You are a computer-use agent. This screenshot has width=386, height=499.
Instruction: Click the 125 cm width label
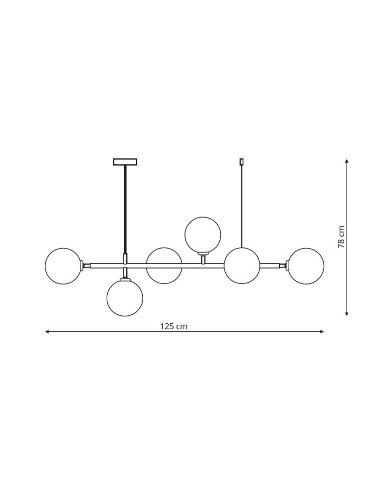tap(174, 326)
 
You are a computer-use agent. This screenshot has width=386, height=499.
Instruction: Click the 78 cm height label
tap(341, 238)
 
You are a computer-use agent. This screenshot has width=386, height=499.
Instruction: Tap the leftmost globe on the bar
tap(63, 266)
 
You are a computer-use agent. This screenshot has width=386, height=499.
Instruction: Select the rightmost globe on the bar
tap(306, 266)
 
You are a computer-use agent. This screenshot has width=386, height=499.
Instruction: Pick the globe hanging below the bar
tap(125, 298)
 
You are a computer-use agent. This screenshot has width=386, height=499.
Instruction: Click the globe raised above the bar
tap(202, 235)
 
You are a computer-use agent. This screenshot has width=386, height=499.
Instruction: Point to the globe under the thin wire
tap(242, 266)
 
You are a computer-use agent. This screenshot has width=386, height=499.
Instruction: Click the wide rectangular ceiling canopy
tap(125, 162)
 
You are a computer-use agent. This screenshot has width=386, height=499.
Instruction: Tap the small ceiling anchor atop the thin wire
tap(242, 161)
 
